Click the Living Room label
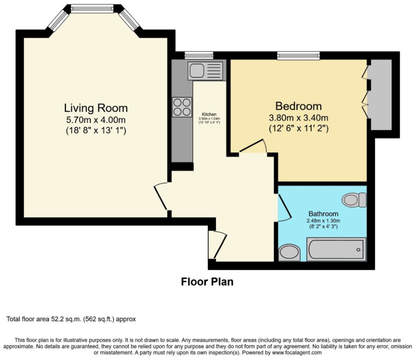[96, 108]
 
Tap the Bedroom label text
[299, 106]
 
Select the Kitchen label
[209, 114]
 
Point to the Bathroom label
[323, 214]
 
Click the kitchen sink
[205, 70]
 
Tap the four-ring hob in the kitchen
[182, 107]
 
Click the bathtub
[336, 249]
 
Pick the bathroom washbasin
[290, 253]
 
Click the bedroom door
[251, 145]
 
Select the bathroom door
[284, 207]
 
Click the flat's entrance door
[220, 245]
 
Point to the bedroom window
[299, 55]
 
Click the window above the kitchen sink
[199, 55]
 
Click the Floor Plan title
[207, 282]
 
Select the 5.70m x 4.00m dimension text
[96, 120]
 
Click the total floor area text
[71, 319]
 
